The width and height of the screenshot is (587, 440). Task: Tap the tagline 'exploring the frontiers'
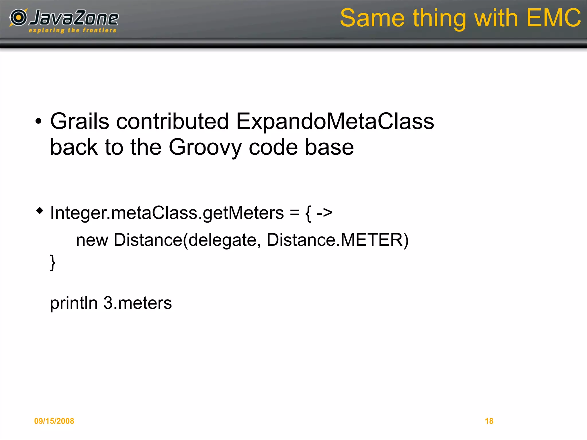click(73, 30)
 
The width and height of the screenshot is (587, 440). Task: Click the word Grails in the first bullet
click(80, 121)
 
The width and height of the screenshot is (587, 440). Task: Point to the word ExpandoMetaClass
click(335, 121)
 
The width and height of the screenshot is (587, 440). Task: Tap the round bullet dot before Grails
click(38, 121)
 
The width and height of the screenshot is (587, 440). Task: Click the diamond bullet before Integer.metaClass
click(40, 211)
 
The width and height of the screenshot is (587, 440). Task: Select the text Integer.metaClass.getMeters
click(167, 213)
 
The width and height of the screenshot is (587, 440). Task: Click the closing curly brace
click(53, 262)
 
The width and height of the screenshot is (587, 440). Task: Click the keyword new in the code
click(92, 240)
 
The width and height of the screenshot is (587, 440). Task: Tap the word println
click(74, 303)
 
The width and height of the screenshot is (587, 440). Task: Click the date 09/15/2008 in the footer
click(54, 421)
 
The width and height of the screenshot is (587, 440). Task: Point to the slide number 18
click(489, 421)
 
